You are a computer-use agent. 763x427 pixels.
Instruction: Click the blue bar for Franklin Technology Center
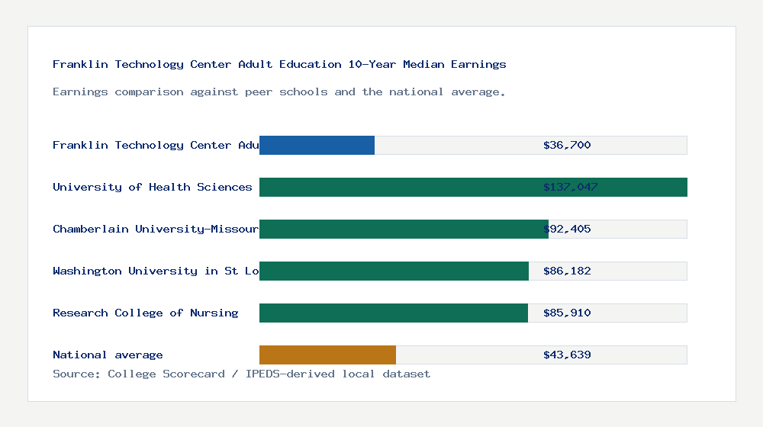pyautogui.click(x=317, y=145)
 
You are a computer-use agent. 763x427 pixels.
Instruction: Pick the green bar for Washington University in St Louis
pyautogui.click(x=394, y=271)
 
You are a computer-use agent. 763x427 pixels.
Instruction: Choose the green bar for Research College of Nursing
pyautogui.click(x=394, y=313)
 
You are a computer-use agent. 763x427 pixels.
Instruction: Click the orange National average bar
pyautogui.click(x=327, y=355)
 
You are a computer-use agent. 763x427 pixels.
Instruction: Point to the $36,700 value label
pyautogui.click(x=567, y=145)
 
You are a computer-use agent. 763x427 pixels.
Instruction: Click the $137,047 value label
pyautogui.click(x=570, y=187)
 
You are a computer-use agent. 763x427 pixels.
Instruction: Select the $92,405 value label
pyautogui.click(x=567, y=229)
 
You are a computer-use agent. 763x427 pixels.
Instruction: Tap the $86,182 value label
pyautogui.click(x=567, y=271)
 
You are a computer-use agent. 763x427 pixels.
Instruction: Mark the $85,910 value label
pyautogui.click(x=567, y=313)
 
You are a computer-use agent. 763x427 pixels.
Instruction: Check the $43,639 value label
pyautogui.click(x=567, y=355)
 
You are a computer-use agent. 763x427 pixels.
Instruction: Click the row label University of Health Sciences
pyautogui.click(x=152, y=187)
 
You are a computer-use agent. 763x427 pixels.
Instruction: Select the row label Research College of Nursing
pyautogui.click(x=145, y=313)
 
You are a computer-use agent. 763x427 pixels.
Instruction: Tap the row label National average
pyautogui.click(x=108, y=355)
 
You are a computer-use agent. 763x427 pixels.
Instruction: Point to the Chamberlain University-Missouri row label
pyautogui.click(x=156, y=229)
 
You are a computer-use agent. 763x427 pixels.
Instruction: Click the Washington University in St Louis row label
pyautogui.click(x=156, y=271)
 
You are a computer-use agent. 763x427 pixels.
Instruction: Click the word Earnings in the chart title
pyautogui.click(x=478, y=64)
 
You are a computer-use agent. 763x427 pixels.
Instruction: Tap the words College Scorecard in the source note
pyautogui.click(x=166, y=374)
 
